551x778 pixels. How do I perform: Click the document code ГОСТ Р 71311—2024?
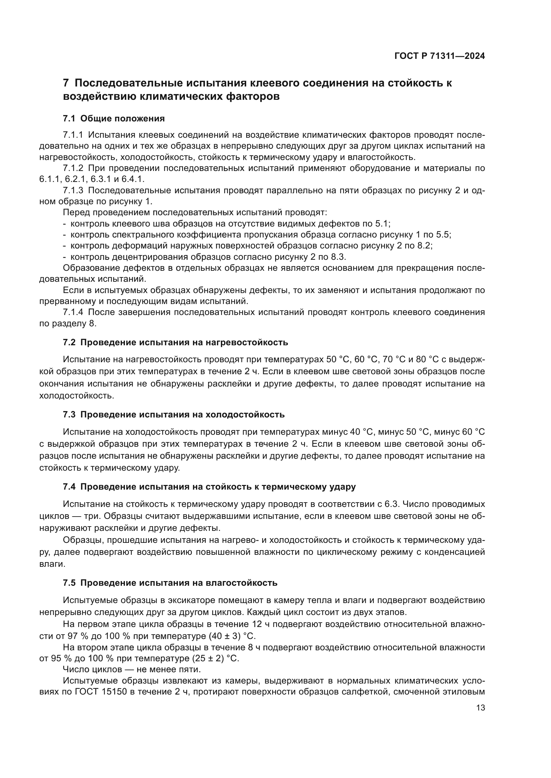pyautogui.click(x=439, y=56)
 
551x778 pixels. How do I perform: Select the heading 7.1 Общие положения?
pyautogui.click(x=114, y=119)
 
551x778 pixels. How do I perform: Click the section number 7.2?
pyautogui.click(x=69, y=342)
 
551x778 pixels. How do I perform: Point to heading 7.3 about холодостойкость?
pyautogui.click(x=174, y=414)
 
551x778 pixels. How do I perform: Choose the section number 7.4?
pyautogui.click(x=69, y=487)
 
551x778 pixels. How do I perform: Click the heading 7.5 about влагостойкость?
pyautogui.click(x=170, y=583)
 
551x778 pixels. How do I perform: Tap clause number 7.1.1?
pyautogui.click(x=73, y=135)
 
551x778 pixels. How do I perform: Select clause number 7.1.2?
pyautogui.click(x=73, y=168)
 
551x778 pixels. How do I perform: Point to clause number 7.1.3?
pyautogui.click(x=73, y=191)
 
